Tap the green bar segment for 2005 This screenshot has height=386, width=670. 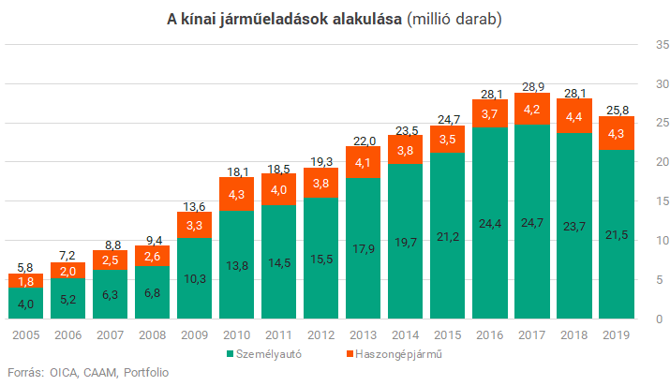tap(25, 303)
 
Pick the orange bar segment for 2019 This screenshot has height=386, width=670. tap(616, 133)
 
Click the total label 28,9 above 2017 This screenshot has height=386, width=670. tap(532, 85)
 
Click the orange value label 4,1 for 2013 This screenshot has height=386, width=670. tap(363, 161)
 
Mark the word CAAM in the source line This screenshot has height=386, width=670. tap(95, 372)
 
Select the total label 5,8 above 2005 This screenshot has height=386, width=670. tap(25, 267)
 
